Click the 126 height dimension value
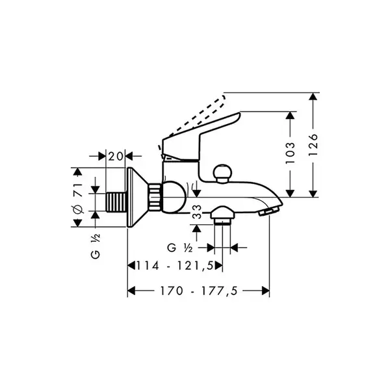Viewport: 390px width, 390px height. (313, 145)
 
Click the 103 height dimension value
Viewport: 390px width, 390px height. (291, 153)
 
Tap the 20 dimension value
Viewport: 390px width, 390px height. (116, 157)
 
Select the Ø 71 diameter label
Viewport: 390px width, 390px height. (78, 198)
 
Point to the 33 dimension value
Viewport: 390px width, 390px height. (197, 211)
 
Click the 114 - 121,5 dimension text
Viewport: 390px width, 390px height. (175, 266)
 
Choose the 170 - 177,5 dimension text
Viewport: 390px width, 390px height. (199, 291)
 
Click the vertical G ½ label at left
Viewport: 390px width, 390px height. (96, 246)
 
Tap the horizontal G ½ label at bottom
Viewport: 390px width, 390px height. (180, 248)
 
